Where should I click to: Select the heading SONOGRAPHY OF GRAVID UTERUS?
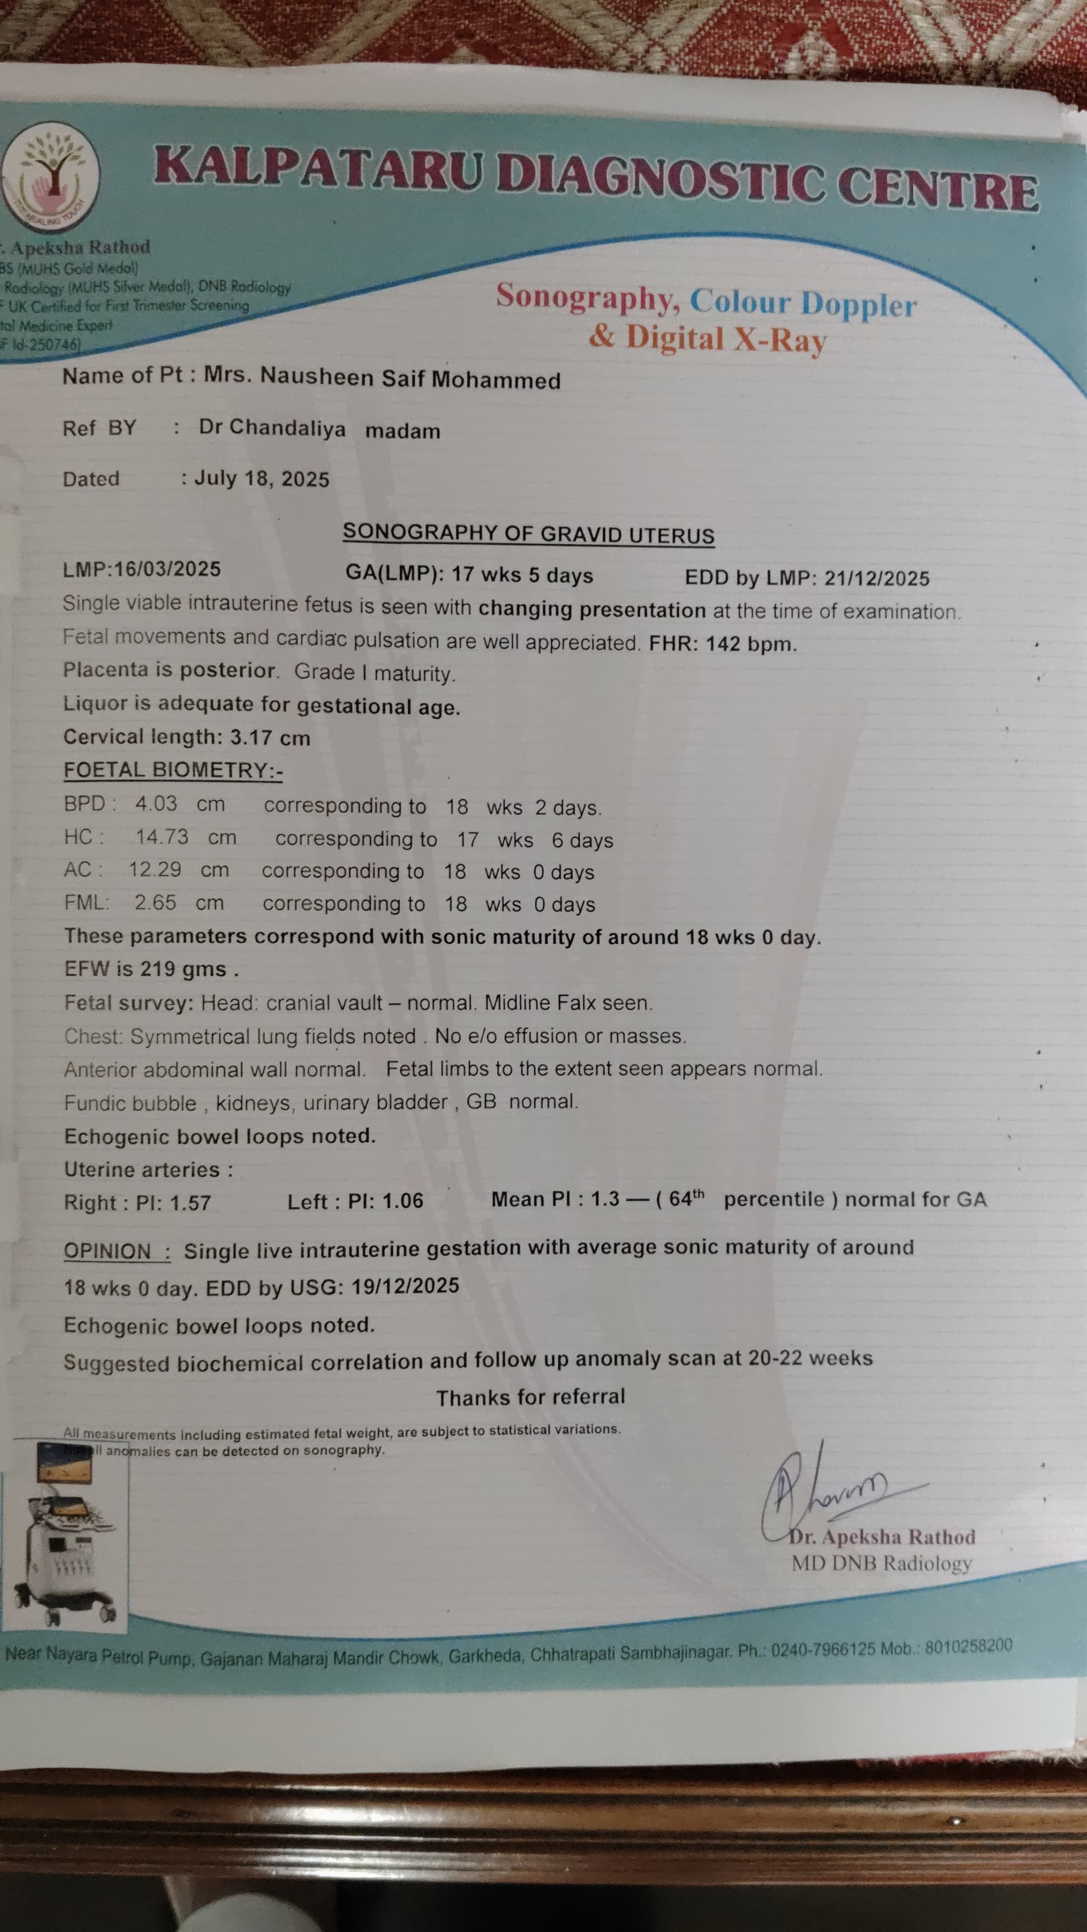[528, 533]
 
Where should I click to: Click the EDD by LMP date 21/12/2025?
[877, 578]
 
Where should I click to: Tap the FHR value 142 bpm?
[750, 644]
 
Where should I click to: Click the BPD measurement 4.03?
[156, 804]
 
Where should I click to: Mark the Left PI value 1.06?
[403, 1201]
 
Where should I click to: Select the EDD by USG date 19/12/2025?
[405, 1286]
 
